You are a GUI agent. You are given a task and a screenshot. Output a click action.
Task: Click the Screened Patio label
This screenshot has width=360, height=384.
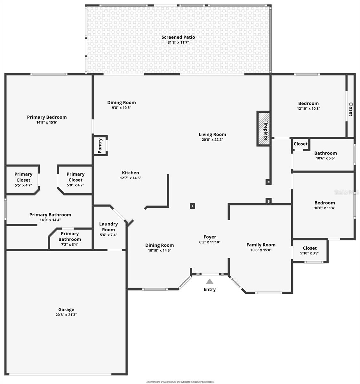(x=178, y=37)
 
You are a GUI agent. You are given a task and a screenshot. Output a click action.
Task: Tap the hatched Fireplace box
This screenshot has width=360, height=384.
(x=263, y=129)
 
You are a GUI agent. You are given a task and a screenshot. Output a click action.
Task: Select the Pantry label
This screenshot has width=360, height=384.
(x=100, y=146)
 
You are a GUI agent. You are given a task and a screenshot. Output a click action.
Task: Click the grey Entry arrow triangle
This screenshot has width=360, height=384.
(x=210, y=281)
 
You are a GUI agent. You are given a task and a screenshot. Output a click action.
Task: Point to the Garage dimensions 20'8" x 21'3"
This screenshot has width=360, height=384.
(x=66, y=315)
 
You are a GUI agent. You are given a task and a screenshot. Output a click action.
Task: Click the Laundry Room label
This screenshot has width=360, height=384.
(x=108, y=227)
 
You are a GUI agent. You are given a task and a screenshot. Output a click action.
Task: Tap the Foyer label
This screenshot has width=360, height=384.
(x=210, y=237)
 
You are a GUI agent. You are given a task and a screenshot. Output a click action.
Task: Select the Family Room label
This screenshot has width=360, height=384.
(x=261, y=244)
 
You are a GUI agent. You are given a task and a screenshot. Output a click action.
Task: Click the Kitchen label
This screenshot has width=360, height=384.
(x=131, y=172)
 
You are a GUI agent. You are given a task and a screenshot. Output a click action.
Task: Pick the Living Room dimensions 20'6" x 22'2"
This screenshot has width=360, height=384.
(x=212, y=140)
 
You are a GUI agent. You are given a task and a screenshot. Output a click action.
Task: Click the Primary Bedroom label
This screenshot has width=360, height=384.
(x=47, y=117)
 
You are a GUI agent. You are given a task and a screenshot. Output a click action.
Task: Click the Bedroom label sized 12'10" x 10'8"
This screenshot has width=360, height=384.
(x=308, y=103)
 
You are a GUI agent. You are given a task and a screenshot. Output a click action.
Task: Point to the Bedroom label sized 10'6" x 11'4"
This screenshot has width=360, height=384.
(x=324, y=203)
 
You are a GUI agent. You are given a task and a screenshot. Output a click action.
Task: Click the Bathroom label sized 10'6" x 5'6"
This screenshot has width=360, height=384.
(x=325, y=153)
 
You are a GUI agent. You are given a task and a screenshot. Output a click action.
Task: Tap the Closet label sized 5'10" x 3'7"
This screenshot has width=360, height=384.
(x=309, y=248)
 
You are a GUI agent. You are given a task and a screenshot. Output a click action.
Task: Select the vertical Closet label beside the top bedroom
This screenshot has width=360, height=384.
(x=351, y=109)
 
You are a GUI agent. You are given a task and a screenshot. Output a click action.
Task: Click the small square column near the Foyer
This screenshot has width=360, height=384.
(x=192, y=206)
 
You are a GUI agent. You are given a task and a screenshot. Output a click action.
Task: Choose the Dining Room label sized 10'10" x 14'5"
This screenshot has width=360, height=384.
(x=159, y=245)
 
